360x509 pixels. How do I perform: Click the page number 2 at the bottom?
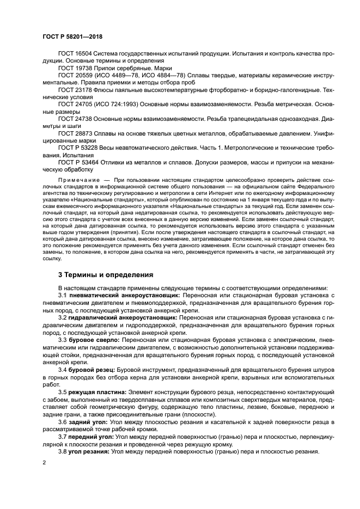pos(44,463)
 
